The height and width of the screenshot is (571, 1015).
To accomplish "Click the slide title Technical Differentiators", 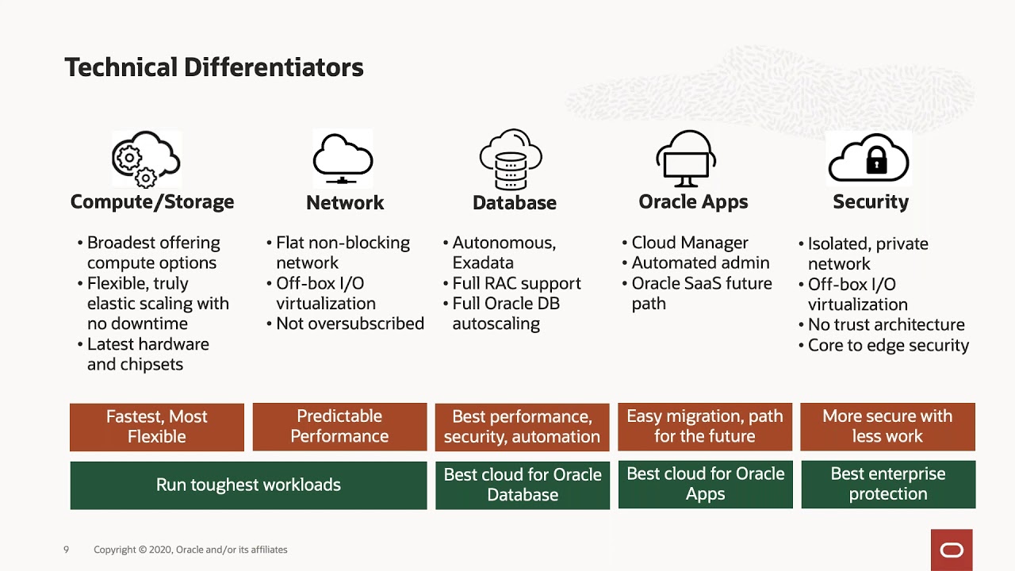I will [x=213, y=68].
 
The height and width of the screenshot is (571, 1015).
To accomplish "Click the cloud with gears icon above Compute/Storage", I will [x=146, y=159].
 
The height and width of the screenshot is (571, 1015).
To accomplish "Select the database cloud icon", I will [x=511, y=159].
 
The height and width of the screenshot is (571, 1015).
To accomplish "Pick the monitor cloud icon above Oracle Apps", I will [x=687, y=159].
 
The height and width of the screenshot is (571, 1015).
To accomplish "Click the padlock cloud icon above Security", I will [x=869, y=159].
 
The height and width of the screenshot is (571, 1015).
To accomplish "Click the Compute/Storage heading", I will [x=152, y=202].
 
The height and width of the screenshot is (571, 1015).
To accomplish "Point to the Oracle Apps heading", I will [x=693, y=202].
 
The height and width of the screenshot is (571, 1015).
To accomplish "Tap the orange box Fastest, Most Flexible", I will [x=157, y=427].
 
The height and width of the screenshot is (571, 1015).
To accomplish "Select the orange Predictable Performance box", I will [x=339, y=427].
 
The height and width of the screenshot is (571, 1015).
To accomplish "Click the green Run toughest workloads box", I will [x=248, y=485].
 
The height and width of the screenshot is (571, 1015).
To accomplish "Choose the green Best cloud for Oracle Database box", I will [x=523, y=485].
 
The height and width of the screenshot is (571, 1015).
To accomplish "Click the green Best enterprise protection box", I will [x=888, y=484].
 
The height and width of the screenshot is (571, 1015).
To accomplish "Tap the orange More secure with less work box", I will [x=887, y=427].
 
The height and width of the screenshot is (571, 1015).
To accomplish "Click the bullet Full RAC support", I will [x=516, y=283].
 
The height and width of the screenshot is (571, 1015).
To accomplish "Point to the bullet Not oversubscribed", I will [x=350, y=324].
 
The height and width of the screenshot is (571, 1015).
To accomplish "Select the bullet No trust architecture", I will [x=886, y=324].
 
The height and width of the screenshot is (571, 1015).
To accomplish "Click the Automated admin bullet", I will [x=700, y=263].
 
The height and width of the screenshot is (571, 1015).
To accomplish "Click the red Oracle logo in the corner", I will [x=952, y=550].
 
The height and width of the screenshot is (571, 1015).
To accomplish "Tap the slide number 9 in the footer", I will [x=67, y=550].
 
